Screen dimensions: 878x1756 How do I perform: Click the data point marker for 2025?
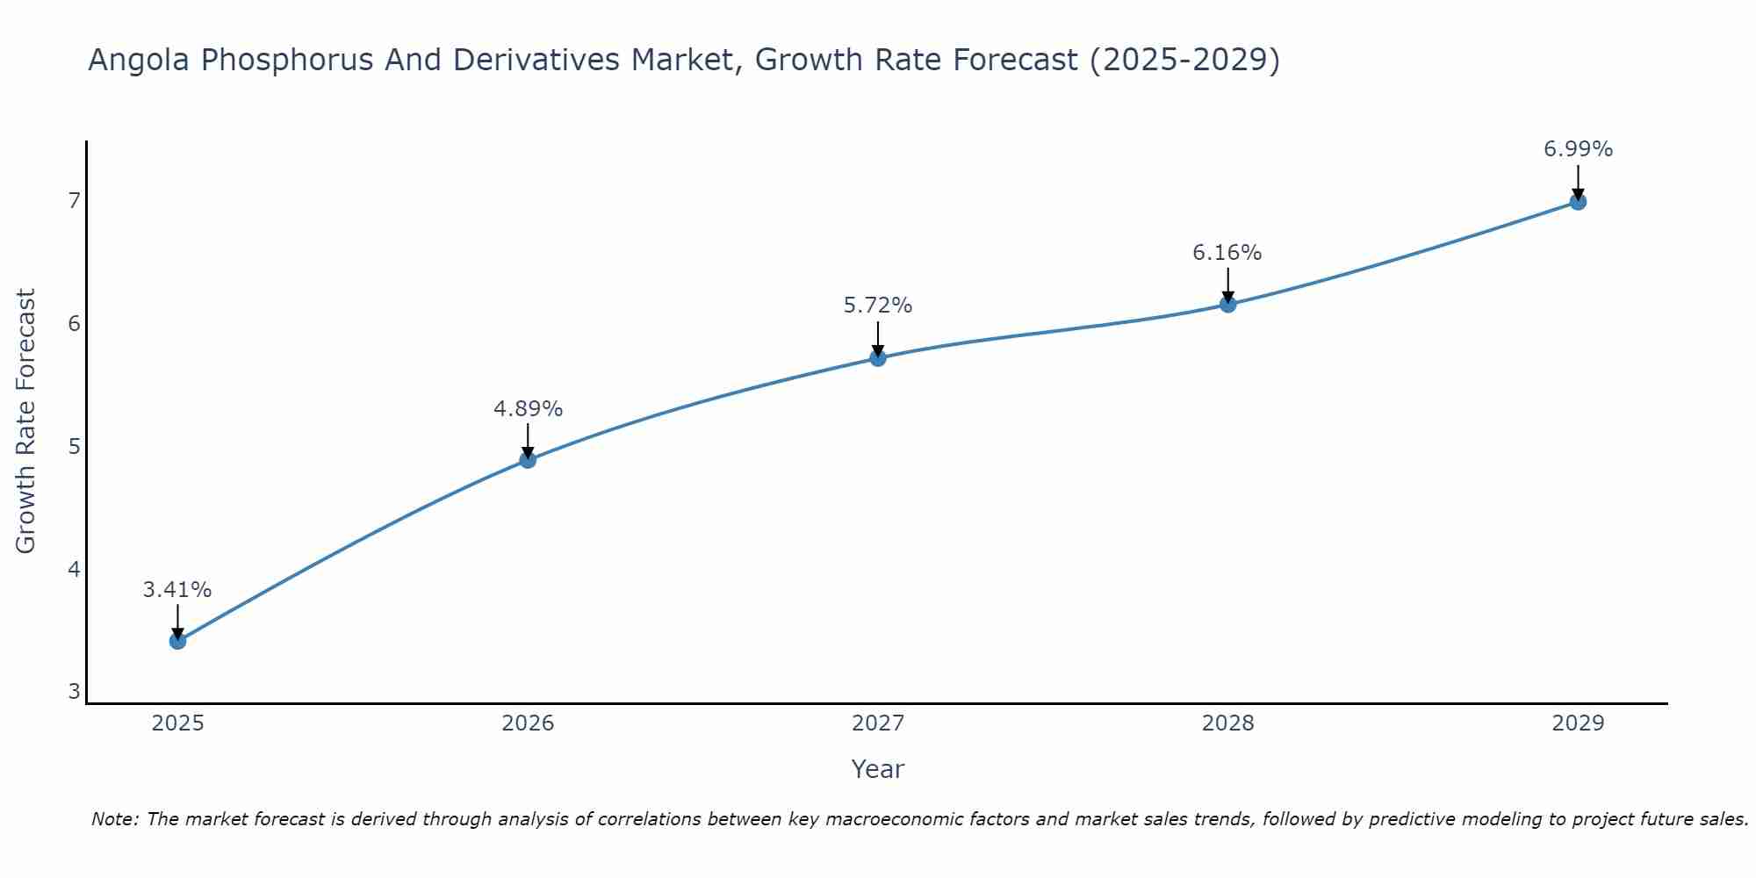click(x=177, y=641)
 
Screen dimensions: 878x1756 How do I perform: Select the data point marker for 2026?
click(x=528, y=459)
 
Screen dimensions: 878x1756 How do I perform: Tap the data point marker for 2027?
click(x=878, y=357)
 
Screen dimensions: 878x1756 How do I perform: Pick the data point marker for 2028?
click(x=1227, y=304)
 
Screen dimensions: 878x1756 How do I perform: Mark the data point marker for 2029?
click(x=1578, y=202)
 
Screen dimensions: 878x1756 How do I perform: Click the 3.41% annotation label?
click(x=177, y=590)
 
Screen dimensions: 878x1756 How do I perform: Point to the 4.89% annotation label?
click(x=528, y=409)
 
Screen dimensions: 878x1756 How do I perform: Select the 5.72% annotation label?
click(x=878, y=306)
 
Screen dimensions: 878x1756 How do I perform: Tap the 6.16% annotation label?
click(x=1227, y=253)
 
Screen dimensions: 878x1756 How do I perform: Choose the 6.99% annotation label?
click(x=1578, y=149)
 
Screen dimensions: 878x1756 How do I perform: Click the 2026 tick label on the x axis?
click(x=528, y=723)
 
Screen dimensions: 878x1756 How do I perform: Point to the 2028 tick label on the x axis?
click(x=1227, y=723)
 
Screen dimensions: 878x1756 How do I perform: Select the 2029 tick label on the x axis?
click(x=1578, y=723)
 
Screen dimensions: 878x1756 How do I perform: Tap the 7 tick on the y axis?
click(x=74, y=200)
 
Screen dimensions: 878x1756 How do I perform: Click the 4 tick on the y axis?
click(x=74, y=569)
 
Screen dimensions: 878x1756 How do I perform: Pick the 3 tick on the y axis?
click(x=74, y=692)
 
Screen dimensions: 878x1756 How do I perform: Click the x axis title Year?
click(x=877, y=769)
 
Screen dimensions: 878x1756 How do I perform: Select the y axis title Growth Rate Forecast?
click(x=26, y=421)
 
